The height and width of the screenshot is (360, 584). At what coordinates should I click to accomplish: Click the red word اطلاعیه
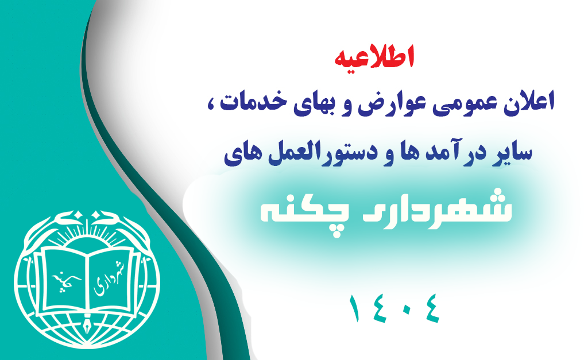(374, 57)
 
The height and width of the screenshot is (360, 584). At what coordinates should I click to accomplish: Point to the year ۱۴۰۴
(395, 308)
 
